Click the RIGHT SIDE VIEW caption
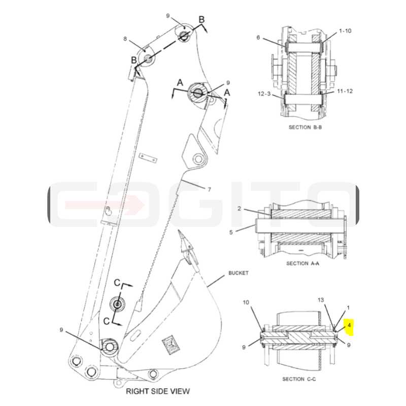(x=158, y=391)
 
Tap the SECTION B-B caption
(x=305, y=127)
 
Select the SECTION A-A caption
(x=302, y=263)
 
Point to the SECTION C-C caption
(x=299, y=379)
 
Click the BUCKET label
(x=239, y=273)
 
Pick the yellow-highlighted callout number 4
(x=349, y=325)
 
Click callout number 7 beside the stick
(x=209, y=189)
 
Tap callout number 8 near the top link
(x=125, y=39)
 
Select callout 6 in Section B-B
(x=258, y=38)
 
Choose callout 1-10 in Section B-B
(x=345, y=31)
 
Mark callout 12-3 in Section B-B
(x=264, y=93)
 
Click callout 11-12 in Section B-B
(x=345, y=91)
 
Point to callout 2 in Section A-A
(x=239, y=209)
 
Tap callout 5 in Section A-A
(x=231, y=232)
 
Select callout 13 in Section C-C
(x=321, y=300)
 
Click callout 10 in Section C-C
(x=246, y=302)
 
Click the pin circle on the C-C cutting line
(x=118, y=304)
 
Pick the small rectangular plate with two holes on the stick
(x=148, y=158)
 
